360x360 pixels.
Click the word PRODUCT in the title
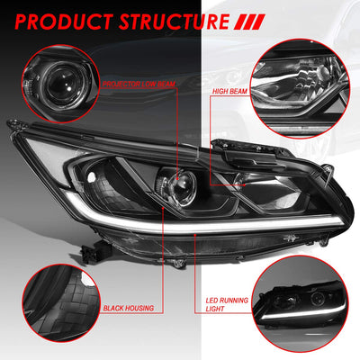click(64, 22)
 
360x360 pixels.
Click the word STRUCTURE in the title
click(174, 22)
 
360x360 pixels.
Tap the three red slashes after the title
click(249, 22)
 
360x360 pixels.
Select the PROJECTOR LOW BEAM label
click(139, 84)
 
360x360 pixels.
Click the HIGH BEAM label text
click(229, 91)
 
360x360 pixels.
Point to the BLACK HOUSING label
click(129, 308)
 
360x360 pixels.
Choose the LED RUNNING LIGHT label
click(227, 304)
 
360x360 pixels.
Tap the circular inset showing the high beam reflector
click(300, 89)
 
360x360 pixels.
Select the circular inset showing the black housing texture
click(61, 303)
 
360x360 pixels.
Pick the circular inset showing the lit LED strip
click(300, 303)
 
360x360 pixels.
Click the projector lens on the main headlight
click(181, 186)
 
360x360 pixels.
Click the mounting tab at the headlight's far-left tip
click(14, 123)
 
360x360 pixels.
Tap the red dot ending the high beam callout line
click(245, 184)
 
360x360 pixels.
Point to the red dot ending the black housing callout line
click(163, 208)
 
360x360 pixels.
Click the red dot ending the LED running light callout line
click(195, 235)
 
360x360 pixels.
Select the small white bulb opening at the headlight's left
click(91, 177)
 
